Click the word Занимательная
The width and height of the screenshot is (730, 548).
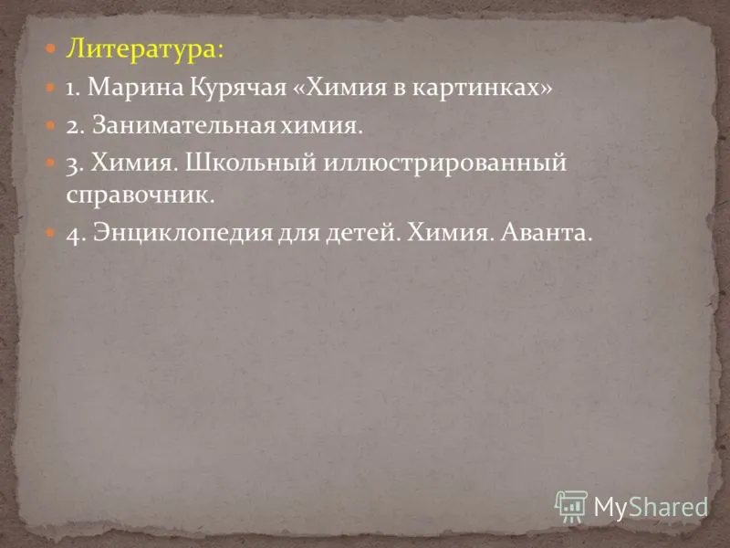183,124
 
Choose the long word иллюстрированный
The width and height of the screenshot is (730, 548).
444,163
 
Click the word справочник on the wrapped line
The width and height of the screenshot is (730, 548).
141,195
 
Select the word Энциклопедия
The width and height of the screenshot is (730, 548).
182,233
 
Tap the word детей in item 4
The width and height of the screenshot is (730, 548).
362,233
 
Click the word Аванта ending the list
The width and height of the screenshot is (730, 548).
546,232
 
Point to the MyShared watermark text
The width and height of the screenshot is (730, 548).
651,507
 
